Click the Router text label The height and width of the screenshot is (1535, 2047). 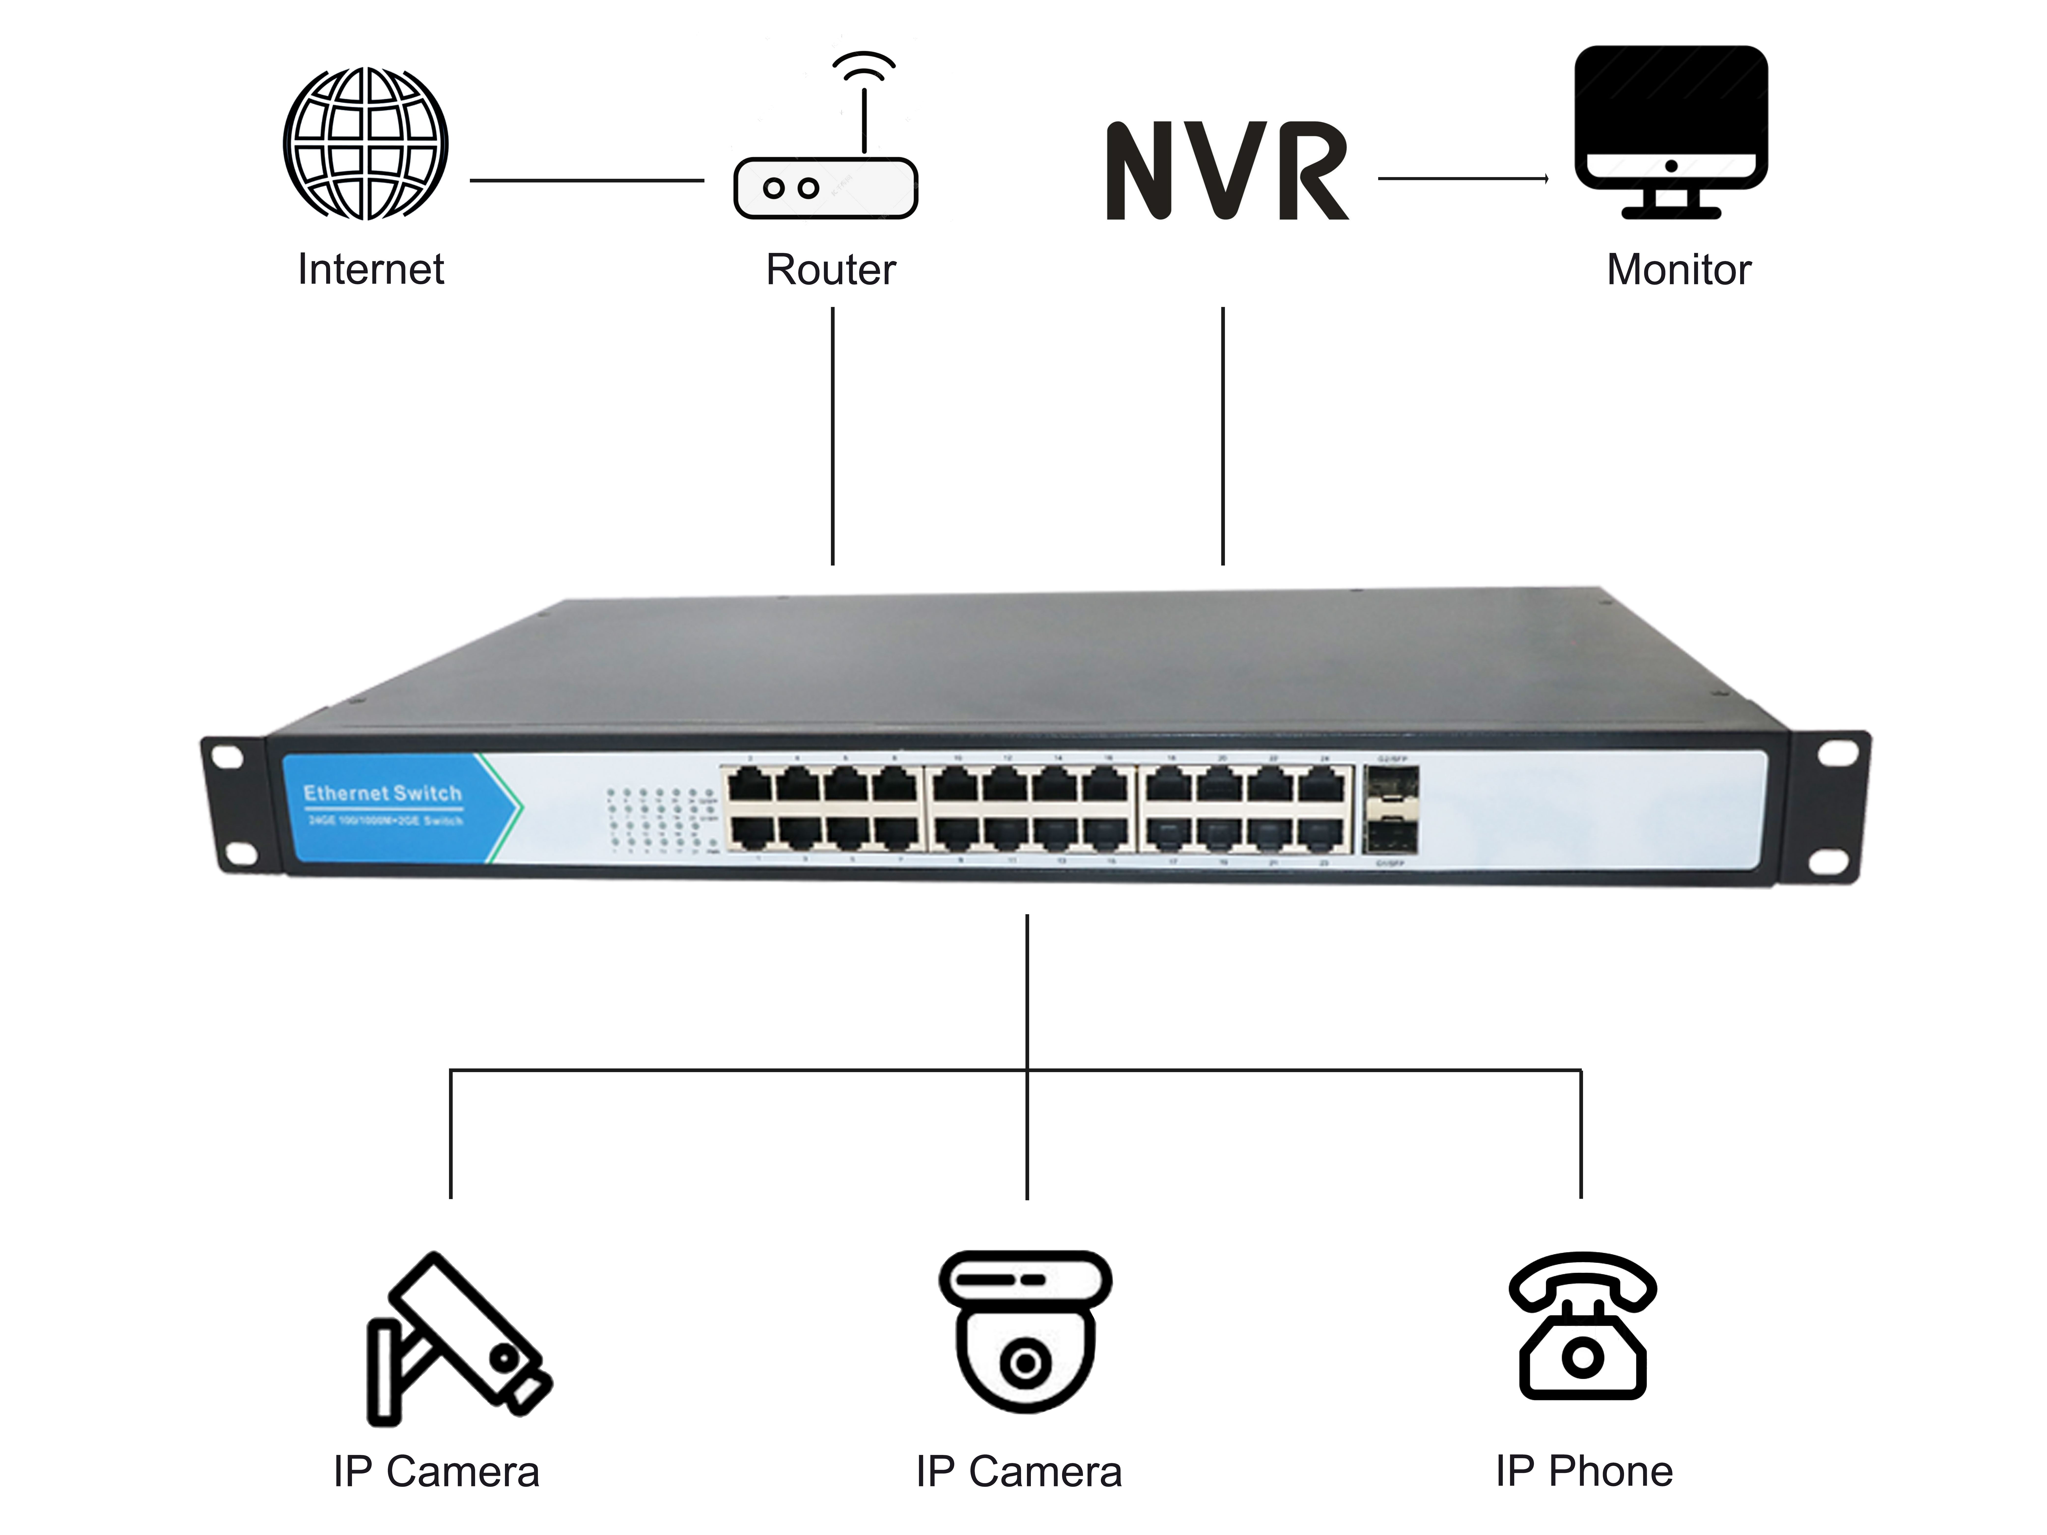[x=830, y=269]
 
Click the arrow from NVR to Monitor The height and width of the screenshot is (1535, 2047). [x=1462, y=179]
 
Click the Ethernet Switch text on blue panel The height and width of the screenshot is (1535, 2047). [x=382, y=793]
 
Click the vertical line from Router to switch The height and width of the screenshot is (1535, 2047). [x=833, y=435]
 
